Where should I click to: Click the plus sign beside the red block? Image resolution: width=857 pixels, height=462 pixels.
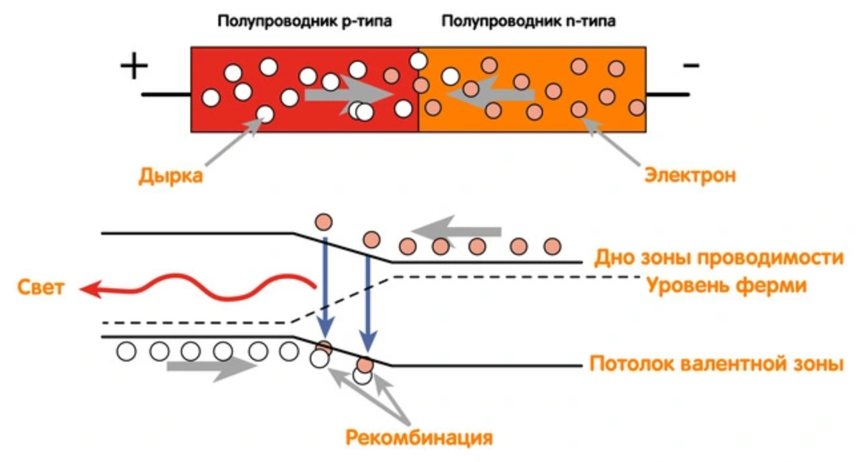coord(134,67)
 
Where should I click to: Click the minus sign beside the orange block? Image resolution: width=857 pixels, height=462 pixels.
coord(691,65)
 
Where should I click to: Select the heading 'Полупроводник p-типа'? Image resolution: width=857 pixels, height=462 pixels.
coord(304,21)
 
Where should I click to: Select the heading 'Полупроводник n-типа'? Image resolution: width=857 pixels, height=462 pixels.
coord(528,21)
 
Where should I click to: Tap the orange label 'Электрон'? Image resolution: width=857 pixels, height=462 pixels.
coord(690,176)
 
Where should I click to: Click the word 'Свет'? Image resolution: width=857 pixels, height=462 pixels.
coord(42,288)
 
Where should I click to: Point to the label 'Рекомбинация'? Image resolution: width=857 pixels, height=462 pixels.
coord(419,437)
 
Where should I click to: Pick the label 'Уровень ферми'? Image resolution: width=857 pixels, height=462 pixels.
coord(727,286)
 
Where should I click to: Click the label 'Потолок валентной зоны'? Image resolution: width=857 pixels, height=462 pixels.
coord(716,365)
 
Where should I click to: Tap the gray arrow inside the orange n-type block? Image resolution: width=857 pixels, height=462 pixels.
coord(490,94)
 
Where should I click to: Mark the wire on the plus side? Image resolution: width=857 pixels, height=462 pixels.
coord(166,95)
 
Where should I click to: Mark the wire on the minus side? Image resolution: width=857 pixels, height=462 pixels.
coord(667,95)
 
